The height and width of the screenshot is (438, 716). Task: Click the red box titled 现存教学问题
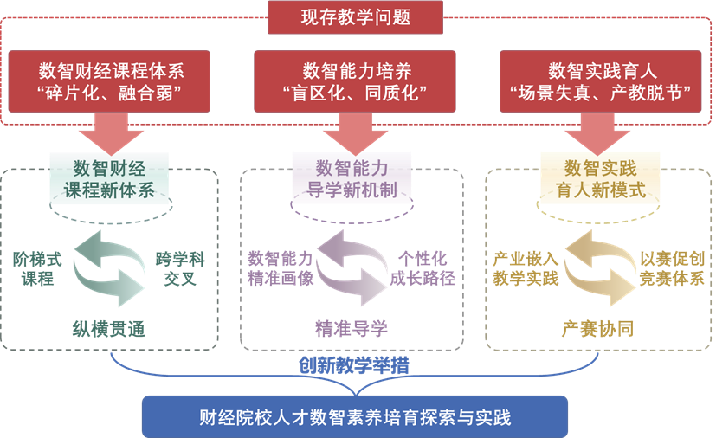[x=355, y=16]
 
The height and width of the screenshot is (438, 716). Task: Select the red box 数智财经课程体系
[x=112, y=82]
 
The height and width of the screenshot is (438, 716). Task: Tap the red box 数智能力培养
[x=356, y=82]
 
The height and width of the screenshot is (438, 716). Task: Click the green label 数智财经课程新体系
[x=109, y=178]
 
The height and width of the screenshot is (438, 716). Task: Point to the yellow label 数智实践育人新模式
[x=599, y=178]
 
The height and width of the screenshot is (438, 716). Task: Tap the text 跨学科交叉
[x=176, y=268]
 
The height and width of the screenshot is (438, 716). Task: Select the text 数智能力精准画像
[x=279, y=268]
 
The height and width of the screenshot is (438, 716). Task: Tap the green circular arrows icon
[x=108, y=265]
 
